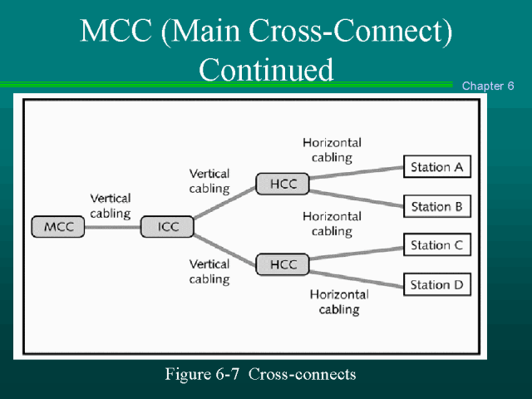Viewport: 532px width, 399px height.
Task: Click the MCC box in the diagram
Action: [59, 227]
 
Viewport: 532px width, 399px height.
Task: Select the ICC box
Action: [167, 227]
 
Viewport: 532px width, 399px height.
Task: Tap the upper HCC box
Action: [283, 184]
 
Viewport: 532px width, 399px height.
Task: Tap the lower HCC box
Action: [283, 265]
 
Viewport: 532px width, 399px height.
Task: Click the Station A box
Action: [436, 167]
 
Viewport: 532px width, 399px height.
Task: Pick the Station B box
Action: [436, 206]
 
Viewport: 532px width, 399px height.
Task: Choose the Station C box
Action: [436, 245]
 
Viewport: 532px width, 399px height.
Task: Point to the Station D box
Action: [436, 285]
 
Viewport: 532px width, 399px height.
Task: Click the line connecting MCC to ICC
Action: [113, 227]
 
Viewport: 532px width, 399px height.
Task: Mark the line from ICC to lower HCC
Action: [224, 247]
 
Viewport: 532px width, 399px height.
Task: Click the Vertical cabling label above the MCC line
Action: [111, 205]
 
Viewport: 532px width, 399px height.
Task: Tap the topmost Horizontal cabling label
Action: [332, 150]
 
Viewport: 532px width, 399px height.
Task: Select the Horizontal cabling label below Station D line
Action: [339, 302]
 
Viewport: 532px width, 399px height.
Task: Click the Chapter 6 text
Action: [488, 86]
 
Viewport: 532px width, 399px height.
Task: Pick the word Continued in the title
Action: [266, 69]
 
